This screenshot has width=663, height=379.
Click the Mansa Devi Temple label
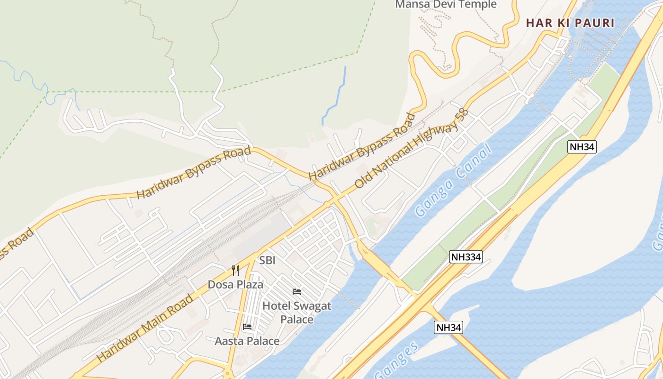pos(446,5)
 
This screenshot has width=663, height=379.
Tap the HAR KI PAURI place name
pos(570,23)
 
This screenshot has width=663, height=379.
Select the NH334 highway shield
pos(466,257)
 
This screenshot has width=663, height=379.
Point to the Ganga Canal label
pos(453,182)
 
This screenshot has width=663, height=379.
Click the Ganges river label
pos(397,360)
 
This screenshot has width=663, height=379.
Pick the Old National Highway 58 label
pos(411,149)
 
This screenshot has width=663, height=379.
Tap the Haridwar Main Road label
pos(145,328)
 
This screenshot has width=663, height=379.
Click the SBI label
pos(267,260)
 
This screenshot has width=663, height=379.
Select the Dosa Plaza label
pos(235,285)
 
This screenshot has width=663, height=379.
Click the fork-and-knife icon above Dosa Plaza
pos(235,271)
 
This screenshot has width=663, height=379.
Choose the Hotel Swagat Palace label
pos(297,312)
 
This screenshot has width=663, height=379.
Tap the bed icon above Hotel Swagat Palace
pos(297,292)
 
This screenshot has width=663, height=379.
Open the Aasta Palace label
pos(247,341)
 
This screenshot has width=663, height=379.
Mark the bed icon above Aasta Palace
pos(247,326)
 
